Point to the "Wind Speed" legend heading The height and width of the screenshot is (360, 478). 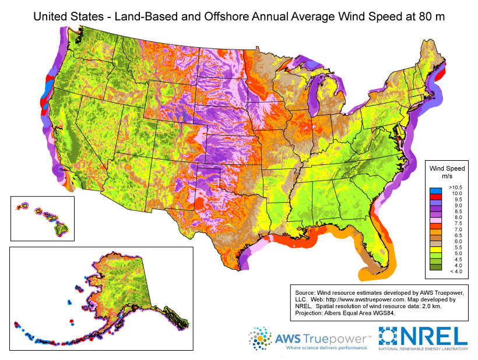pyautogui.click(x=447, y=168)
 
